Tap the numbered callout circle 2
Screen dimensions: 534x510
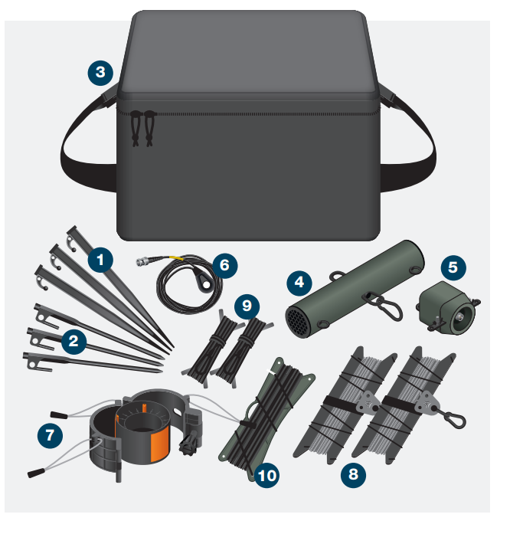point(74,342)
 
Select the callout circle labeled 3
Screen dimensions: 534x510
point(100,74)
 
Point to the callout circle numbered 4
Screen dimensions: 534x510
point(299,282)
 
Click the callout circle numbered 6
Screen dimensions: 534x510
point(224,265)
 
